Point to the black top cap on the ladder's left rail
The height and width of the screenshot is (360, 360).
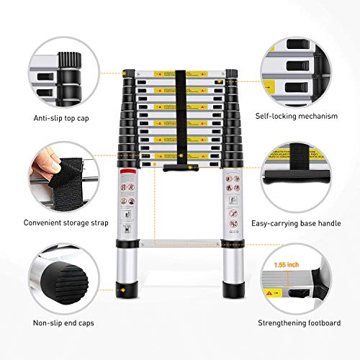click(129, 73)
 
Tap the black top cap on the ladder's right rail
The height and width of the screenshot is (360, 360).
click(231, 73)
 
